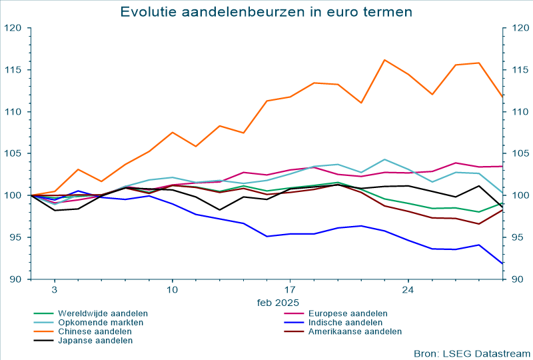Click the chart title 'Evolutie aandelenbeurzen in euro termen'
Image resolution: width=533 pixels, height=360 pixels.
pyautogui.click(x=266, y=12)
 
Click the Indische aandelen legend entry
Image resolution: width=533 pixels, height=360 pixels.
pyautogui.click(x=342, y=322)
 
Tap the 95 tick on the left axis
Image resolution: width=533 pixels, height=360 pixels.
pyautogui.click(x=15, y=237)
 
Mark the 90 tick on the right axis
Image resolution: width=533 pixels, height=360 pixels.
pyautogui.click(x=517, y=279)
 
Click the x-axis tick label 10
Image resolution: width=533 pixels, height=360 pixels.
pyautogui.click(x=172, y=290)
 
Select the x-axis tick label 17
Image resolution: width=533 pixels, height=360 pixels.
pyautogui.click(x=290, y=290)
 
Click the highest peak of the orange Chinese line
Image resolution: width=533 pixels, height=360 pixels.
pyautogui.click(x=384, y=60)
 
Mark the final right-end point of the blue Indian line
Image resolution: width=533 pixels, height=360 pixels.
pyautogui.click(x=502, y=264)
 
